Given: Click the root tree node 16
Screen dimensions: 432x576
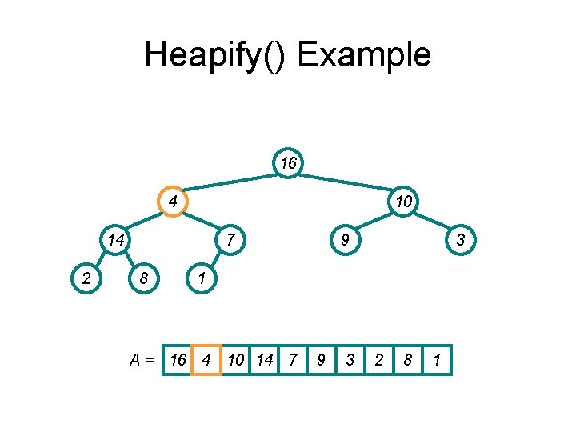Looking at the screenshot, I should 288,163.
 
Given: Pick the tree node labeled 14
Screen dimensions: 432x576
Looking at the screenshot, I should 115,239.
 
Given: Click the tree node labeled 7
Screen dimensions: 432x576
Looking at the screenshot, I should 230,239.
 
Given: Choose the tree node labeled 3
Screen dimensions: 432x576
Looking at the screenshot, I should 461,239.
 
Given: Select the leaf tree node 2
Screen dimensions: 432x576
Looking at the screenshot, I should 85,278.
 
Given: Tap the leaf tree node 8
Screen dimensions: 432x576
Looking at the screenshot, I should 143,278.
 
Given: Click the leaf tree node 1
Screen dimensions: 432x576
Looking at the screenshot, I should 202,278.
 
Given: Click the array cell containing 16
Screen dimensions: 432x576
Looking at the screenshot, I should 178,360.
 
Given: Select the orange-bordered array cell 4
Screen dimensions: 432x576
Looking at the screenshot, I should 206,360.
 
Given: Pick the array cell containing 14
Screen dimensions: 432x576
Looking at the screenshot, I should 264,360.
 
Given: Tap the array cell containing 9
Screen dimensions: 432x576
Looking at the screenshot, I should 321,360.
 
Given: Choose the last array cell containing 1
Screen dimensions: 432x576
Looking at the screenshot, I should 437,360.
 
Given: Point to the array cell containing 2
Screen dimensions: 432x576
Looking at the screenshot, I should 378,360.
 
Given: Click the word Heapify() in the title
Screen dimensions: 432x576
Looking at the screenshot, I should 215,56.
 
